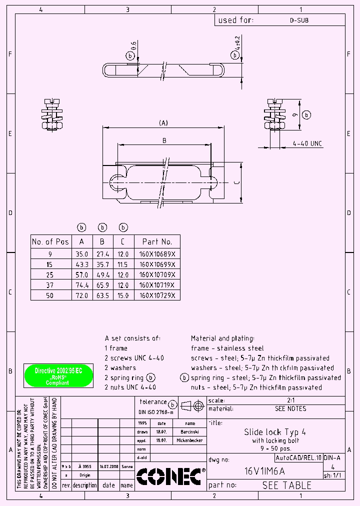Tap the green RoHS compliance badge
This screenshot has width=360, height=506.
click(x=58, y=376)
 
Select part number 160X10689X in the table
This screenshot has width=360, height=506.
click(x=157, y=254)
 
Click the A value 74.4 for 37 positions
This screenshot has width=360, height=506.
click(x=81, y=285)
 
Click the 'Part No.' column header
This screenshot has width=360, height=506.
click(x=157, y=241)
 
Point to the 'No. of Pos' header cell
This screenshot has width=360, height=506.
click(x=50, y=241)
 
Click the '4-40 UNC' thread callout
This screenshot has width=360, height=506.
click(x=307, y=144)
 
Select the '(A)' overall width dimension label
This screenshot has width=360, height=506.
click(x=163, y=123)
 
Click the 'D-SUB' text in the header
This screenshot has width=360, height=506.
click(x=298, y=20)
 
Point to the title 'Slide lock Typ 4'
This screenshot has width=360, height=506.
click(x=275, y=431)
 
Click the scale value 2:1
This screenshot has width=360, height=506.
click(x=290, y=400)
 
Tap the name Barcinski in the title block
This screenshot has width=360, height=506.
click(x=189, y=431)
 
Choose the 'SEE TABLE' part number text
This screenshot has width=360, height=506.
click(x=286, y=485)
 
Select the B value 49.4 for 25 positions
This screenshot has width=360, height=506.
click(x=102, y=274)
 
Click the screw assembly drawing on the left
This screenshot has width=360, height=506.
click(x=51, y=113)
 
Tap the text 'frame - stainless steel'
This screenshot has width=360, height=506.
click(x=227, y=348)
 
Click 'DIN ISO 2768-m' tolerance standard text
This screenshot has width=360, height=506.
click(x=156, y=412)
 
